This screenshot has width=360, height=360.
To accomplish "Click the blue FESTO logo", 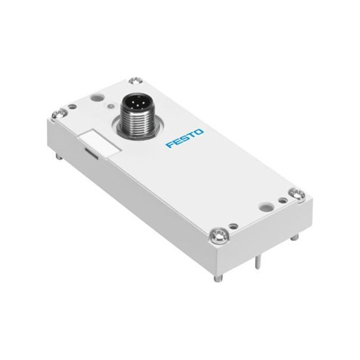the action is pos(185,138).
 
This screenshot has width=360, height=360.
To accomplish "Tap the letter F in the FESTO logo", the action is pos(170,145).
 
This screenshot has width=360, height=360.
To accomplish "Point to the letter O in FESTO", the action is pos(199,133).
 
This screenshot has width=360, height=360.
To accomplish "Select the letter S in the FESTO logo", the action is pos(185,138).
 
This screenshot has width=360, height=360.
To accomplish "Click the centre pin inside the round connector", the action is pos(132,103).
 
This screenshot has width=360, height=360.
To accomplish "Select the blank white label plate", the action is pos(99,142).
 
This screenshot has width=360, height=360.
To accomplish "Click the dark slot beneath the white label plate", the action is pos(92,153).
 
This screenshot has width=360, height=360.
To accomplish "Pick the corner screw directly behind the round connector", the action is pos(136,81).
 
